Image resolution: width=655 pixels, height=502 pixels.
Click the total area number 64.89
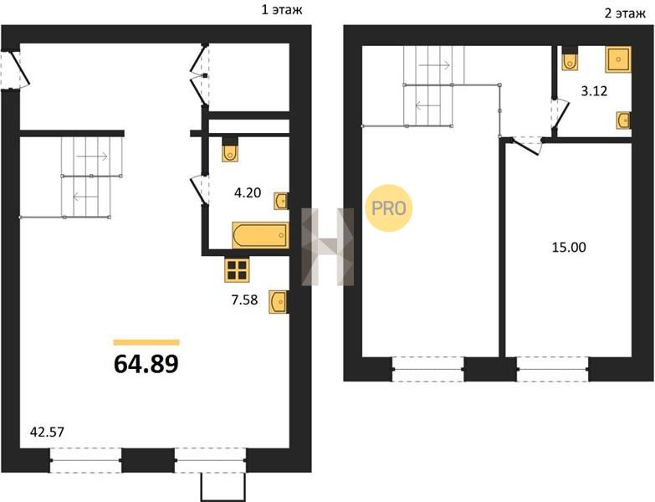[146, 363]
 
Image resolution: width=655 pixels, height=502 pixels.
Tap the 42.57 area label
[47, 432]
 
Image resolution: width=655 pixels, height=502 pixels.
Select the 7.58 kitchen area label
[244, 300]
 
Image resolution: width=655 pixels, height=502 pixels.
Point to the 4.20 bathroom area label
[248, 192]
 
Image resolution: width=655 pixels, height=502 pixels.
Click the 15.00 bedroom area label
[569, 248]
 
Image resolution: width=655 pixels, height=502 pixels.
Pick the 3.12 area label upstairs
[594, 90]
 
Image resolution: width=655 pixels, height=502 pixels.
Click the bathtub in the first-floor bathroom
[261, 236]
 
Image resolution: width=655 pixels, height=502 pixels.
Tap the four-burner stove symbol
[237, 269]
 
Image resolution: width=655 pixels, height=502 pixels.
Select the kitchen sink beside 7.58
[279, 301]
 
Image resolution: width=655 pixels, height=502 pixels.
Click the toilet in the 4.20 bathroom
[230, 149]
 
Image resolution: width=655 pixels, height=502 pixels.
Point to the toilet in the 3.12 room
[570, 58]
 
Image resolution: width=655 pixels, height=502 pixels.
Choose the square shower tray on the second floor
[618, 59]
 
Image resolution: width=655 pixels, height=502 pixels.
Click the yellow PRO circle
[389, 208]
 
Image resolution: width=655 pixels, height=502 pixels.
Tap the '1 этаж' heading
[282, 9]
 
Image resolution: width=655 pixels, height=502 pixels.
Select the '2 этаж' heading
[625, 13]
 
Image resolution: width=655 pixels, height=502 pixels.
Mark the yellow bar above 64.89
[146, 343]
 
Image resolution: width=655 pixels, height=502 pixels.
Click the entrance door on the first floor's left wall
[15, 69]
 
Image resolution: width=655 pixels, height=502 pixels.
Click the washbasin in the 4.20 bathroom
[281, 201]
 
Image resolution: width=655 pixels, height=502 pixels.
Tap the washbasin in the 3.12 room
[624, 120]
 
